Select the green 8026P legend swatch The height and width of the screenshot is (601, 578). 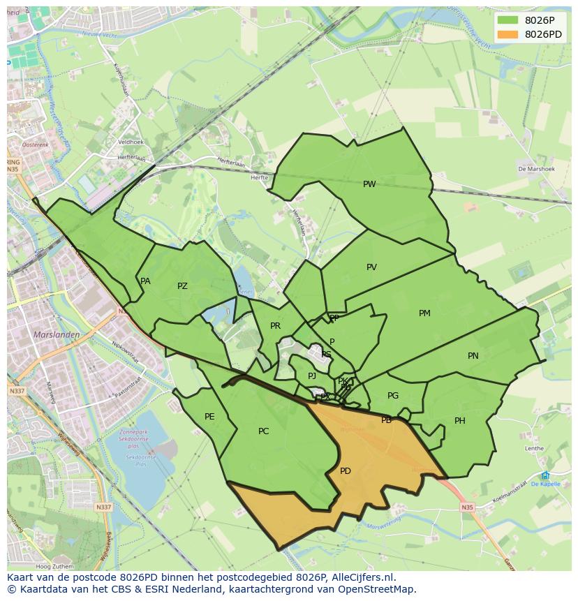(x=508, y=20)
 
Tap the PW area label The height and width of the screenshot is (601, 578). (x=369, y=184)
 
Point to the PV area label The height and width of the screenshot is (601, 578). (x=371, y=267)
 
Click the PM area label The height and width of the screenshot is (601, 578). (x=424, y=313)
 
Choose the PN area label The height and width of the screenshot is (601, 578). (x=473, y=356)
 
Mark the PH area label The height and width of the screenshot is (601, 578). (x=460, y=421)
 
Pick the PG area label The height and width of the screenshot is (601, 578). (x=393, y=396)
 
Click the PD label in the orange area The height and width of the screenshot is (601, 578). (x=346, y=471)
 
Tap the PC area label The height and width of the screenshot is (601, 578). (x=263, y=431)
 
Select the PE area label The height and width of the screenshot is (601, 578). (x=209, y=417)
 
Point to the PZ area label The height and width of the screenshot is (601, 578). (x=182, y=286)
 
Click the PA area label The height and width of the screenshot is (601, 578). (x=145, y=281)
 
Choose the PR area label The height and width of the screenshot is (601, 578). (x=275, y=326)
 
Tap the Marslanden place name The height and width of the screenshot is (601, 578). (x=57, y=335)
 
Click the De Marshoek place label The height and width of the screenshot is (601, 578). (x=536, y=169)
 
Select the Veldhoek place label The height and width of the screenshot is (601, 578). (x=131, y=142)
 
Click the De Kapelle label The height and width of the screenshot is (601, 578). (x=545, y=484)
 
